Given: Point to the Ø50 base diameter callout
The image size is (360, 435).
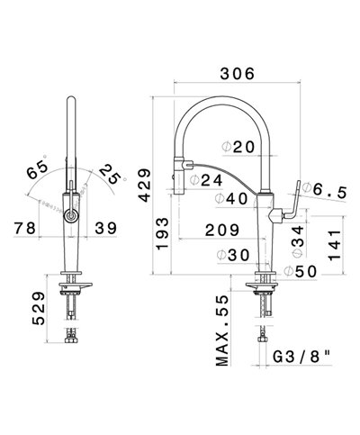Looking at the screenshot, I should pos(299,270).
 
